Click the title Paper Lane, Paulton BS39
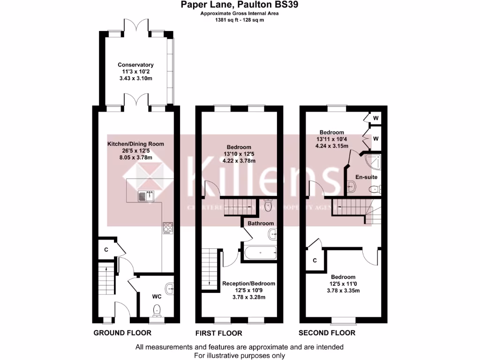point(240,5)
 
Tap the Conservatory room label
point(135,65)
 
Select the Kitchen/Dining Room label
point(135,143)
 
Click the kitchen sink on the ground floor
point(146,195)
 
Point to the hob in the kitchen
point(168,228)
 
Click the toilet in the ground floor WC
point(157,309)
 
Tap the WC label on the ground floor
point(157,296)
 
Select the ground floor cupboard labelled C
point(106,249)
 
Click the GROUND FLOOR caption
point(122,333)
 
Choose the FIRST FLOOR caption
point(218,333)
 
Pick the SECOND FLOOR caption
point(327,333)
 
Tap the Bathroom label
point(261,223)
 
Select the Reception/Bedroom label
point(248,283)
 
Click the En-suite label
point(366,177)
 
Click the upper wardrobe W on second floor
point(375,118)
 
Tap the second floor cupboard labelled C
point(315,260)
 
